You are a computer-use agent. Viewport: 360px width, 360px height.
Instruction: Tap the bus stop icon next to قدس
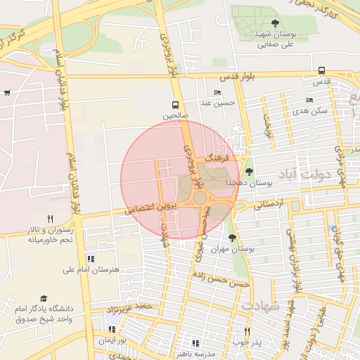(x=321, y=70)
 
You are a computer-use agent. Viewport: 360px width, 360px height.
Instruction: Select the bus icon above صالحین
(x=175, y=103)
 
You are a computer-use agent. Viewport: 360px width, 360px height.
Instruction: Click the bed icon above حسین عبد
(x=217, y=92)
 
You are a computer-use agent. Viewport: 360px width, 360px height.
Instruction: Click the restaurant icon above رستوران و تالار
(x=49, y=219)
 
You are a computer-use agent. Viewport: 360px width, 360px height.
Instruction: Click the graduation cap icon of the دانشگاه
(x=44, y=298)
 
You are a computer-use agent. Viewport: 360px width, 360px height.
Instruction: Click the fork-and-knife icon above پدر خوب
(x=246, y=331)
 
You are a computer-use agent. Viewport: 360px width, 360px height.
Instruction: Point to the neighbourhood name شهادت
(x=260, y=307)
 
